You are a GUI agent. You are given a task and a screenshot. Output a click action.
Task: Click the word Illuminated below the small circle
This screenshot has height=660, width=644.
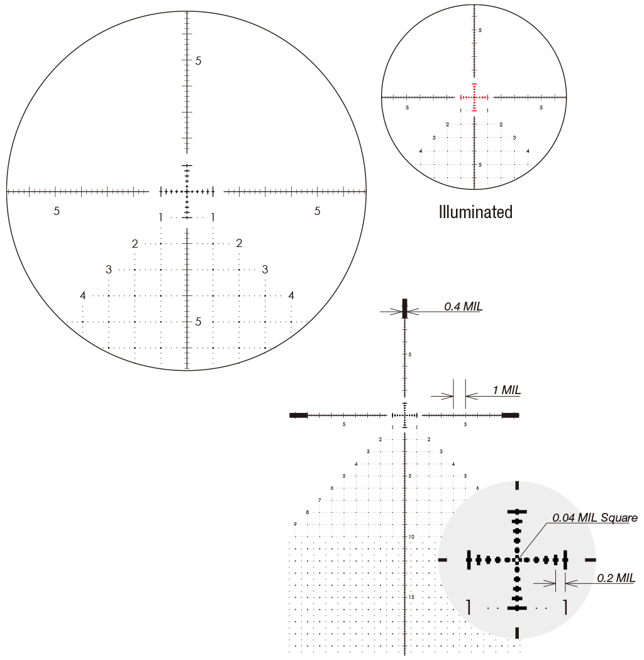[475, 212]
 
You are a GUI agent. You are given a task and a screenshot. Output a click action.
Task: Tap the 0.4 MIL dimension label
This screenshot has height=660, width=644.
[463, 307]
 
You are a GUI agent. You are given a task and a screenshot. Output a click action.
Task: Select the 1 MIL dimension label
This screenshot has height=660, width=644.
[507, 390]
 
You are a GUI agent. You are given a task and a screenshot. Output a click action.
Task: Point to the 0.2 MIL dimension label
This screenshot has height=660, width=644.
[616, 578]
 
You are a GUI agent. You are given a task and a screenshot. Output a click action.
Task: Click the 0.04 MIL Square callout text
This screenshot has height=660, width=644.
[595, 518]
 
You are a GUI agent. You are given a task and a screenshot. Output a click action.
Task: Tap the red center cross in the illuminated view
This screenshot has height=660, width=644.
[474, 97]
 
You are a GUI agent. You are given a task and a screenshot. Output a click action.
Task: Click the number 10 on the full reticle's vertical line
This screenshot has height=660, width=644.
[411, 537]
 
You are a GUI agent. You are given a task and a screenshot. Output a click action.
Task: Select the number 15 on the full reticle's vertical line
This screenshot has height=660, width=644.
[411, 597]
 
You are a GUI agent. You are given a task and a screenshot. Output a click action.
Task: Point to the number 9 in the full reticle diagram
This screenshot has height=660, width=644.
[295, 524]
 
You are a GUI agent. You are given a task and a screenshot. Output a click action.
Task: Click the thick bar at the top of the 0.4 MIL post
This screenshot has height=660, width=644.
[405, 308]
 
